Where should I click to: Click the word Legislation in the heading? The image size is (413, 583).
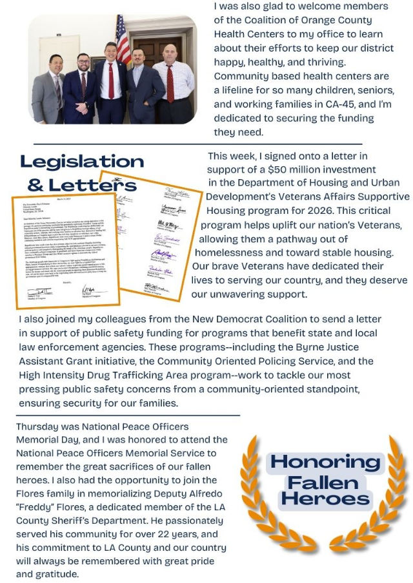tap(81, 161)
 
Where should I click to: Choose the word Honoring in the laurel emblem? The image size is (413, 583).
tap(325, 461)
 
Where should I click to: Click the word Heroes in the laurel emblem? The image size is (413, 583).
tap(326, 499)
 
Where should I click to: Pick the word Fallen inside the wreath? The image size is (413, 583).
tap(326, 481)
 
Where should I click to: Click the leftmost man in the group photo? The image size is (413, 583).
tap(48, 90)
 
